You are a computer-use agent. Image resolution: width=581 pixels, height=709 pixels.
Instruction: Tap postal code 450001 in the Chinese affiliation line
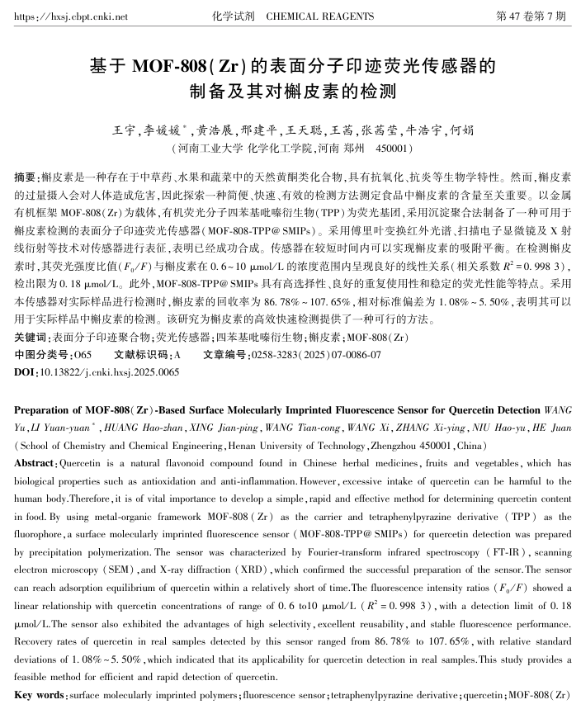coord(392,149)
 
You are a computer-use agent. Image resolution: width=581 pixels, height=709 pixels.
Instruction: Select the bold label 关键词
coord(31,338)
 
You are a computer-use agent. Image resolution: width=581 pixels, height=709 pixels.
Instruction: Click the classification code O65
coord(81,354)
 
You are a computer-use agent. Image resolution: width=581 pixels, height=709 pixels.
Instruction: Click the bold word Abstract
coord(35,463)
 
